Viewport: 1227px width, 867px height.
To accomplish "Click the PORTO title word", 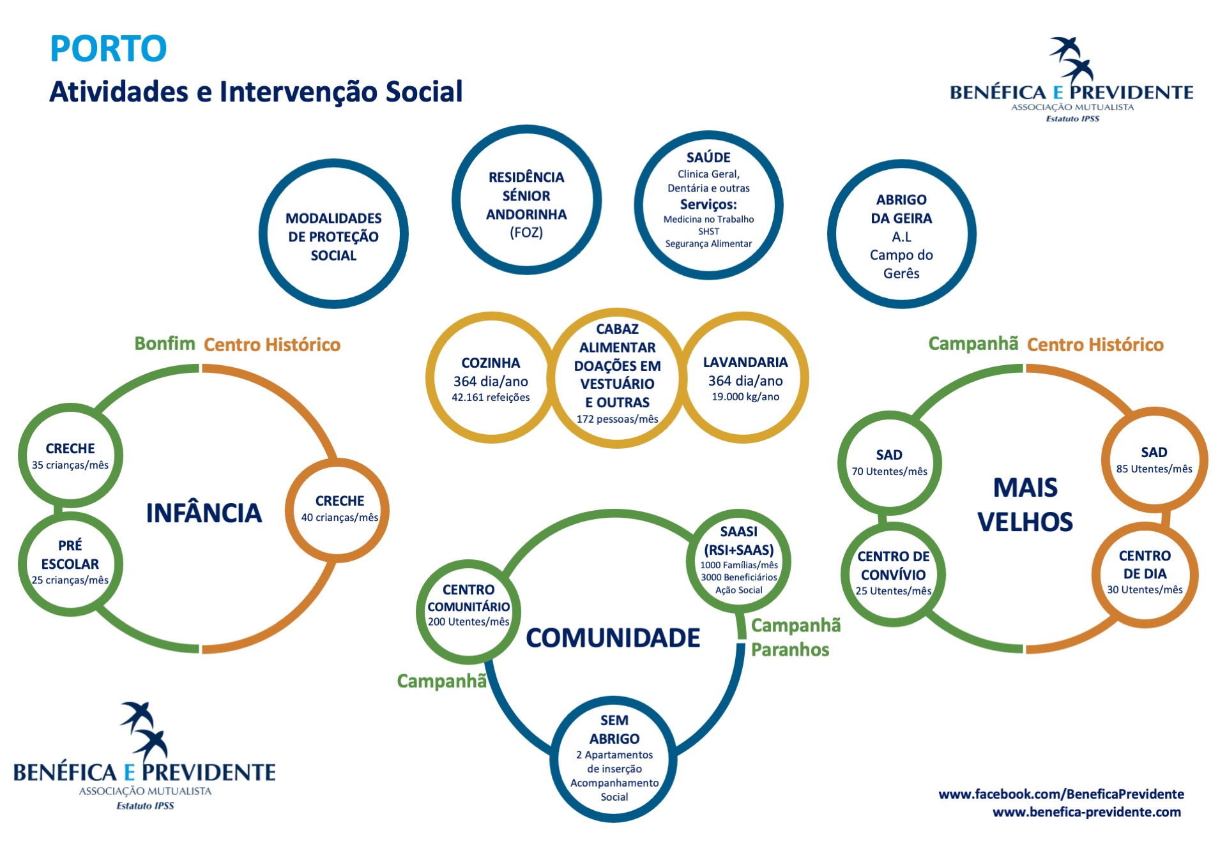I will (x=108, y=49).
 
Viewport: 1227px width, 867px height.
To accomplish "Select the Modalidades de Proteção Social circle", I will (x=333, y=234).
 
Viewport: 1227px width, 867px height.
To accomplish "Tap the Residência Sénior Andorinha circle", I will (x=526, y=200).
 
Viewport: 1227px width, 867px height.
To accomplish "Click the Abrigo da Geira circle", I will (x=901, y=234).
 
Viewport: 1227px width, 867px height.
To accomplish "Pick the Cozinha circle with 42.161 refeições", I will (x=491, y=379).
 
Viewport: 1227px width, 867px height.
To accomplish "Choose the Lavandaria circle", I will (x=745, y=378).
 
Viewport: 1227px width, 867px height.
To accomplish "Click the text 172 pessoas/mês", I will (x=617, y=419).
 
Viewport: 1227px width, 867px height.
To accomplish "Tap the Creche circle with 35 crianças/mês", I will (x=70, y=455).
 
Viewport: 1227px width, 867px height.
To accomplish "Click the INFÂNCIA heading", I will (x=204, y=513).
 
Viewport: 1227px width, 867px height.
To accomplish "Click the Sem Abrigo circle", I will (x=614, y=758).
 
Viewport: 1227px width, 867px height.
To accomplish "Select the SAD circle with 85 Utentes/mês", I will (x=1154, y=460).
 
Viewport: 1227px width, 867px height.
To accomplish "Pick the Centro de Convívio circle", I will (x=893, y=573).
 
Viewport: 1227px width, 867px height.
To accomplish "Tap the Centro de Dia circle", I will (x=1145, y=572).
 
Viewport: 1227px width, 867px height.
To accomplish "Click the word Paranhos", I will (x=790, y=650).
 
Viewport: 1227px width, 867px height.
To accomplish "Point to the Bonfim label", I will (x=165, y=343).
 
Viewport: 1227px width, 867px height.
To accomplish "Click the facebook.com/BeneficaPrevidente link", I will (x=1061, y=794).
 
